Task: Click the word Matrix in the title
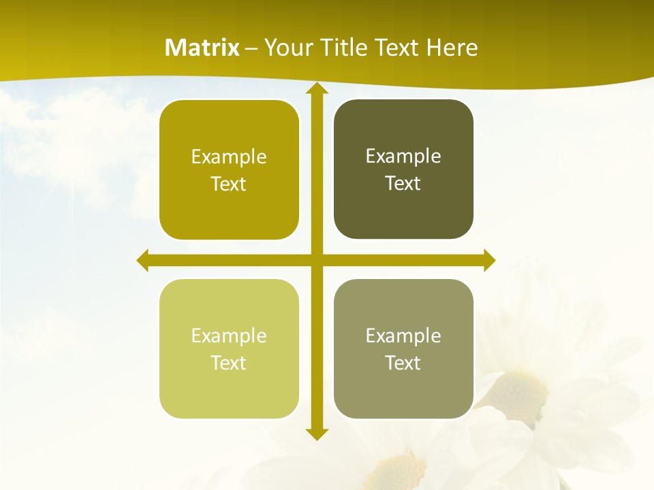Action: pyautogui.click(x=202, y=48)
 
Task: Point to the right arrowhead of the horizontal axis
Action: pyautogui.click(x=488, y=261)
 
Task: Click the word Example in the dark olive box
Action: pyautogui.click(x=403, y=156)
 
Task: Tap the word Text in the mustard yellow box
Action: pyautogui.click(x=229, y=184)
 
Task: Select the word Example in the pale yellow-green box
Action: pyautogui.click(x=229, y=336)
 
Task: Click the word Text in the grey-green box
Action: pyautogui.click(x=403, y=363)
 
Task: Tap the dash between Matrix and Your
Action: pyautogui.click(x=251, y=48)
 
